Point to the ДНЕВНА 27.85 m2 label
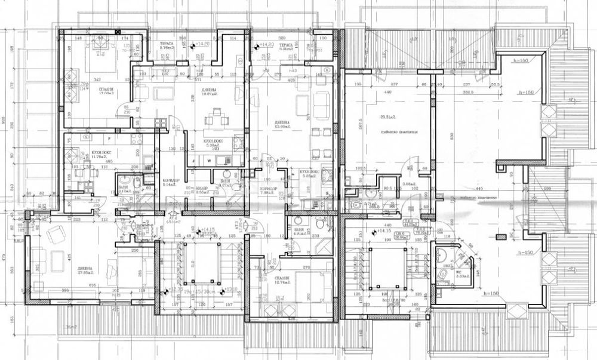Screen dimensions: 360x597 coord(86,270)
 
